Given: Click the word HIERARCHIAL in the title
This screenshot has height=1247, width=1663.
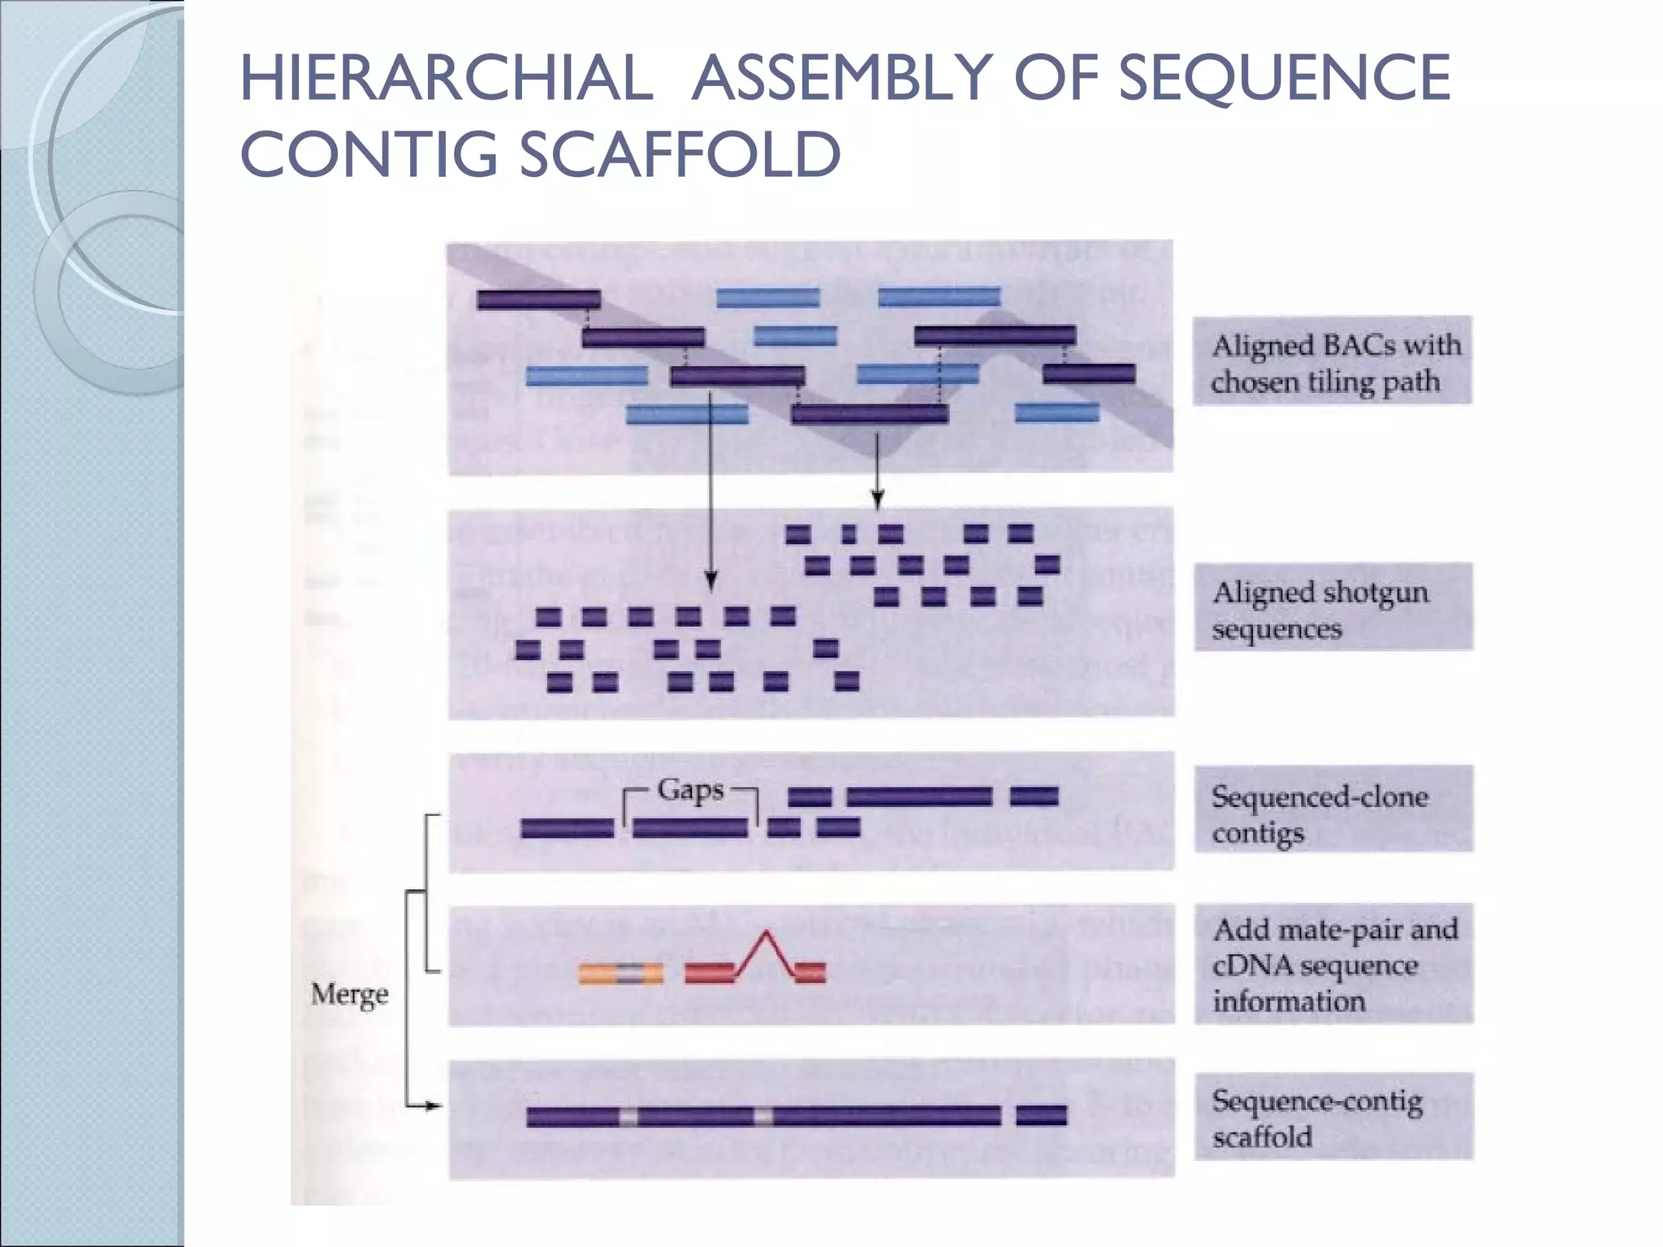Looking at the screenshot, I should click(x=447, y=78).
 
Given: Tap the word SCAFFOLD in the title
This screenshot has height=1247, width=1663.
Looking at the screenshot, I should click(x=679, y=154).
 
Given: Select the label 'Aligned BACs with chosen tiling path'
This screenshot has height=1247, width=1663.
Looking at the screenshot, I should click(x=1332, y=362).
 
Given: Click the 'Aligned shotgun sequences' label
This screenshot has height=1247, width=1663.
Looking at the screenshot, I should click(x=1332, y=609).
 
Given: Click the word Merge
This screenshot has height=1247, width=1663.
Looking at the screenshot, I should click(x=349, y=994).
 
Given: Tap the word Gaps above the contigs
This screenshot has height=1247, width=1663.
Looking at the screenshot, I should click(x=690, y=789).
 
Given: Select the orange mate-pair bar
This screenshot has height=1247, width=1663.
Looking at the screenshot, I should click(x=620, y=973).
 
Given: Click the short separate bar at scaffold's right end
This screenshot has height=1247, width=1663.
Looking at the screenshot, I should click(x=1041, y=1116).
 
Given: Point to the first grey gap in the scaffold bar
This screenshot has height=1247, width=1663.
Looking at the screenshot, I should click(x=628, y=1118).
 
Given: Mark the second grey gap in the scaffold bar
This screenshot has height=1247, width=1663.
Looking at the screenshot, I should click(x=763, y=1118).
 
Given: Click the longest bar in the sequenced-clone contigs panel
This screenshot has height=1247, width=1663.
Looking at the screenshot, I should click(x=919, y=796).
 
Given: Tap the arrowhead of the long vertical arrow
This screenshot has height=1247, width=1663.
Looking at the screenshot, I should click(x=711, y=582).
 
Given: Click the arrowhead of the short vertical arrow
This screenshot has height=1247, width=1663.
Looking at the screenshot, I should click(x=877, y=500).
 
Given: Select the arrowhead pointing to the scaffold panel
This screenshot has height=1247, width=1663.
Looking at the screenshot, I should click(x=435, y=1106).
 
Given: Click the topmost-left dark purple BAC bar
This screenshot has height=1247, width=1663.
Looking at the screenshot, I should click(x=538, y=300).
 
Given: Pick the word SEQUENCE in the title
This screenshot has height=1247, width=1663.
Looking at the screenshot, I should click(x=1285, y=78).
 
